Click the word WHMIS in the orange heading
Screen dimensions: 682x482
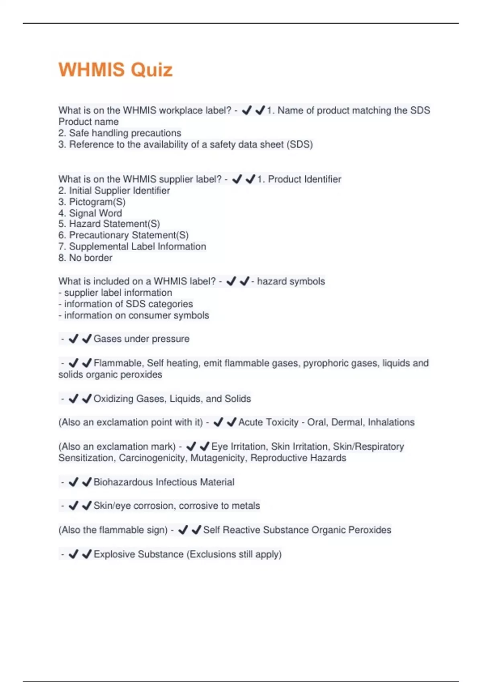pyautogui.click(x=92, y=70)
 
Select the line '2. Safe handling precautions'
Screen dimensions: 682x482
pyautogui.click(x=120, y=133)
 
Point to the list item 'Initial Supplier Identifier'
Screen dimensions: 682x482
pyautogui.click(x=119, y=190)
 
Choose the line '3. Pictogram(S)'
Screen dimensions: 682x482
pyautogui.click(x=92, y=201)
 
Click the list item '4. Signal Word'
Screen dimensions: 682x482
pyautogui.click(x=90, y=213)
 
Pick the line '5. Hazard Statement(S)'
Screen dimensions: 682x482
pyautogui.click(x=109, y=223)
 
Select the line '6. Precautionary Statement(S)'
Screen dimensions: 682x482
pyautogui.click(x=123, y=235)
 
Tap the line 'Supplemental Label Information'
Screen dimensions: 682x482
pyautogui.click(x=137, y=246)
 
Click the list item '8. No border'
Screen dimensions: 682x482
pyautogui.click(x=85, y=258)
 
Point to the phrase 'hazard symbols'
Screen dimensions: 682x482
pyautogui.click(x=291, y=281)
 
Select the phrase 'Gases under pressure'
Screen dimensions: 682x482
pyautogui.click(x=141, y=339)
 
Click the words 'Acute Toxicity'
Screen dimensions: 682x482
pyautogui.click(x=268, y=422)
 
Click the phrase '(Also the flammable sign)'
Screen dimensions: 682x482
pyautogui.click(x=113, y=530)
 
